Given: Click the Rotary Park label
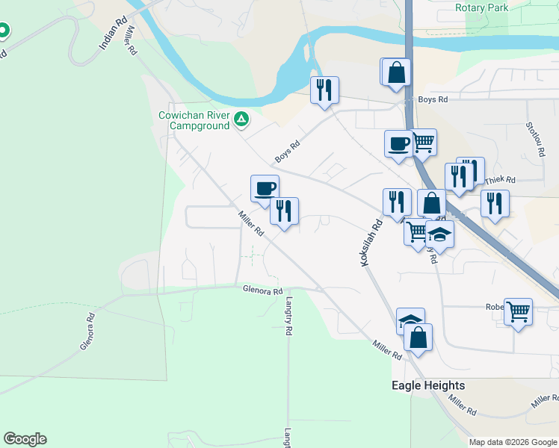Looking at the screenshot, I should (481, 7).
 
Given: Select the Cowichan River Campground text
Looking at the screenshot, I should (194, 120).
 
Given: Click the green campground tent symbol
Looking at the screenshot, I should (241, 118).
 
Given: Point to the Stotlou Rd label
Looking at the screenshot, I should (534, 140).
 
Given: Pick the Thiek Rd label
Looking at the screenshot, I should (500, 180).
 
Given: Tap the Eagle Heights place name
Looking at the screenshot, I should (428, 386).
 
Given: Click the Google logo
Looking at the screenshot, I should (25, 439).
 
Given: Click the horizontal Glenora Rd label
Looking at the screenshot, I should (262, 290).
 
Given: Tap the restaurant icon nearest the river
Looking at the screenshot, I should (324, 90).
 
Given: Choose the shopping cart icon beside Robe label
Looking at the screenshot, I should (518, 311).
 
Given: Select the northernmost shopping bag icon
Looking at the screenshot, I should (398, 72).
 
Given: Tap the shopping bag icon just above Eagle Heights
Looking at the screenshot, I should (418, 337).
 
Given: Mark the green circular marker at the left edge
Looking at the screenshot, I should (4, 31).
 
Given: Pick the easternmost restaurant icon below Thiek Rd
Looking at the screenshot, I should (495, 202).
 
